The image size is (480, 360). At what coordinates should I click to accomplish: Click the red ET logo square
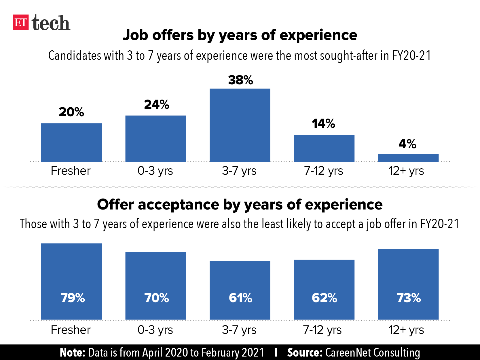21,22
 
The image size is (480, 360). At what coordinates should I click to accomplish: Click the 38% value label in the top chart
240,80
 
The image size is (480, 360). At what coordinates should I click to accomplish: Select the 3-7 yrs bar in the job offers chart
240,125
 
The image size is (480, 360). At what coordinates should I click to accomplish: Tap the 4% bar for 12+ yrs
408,158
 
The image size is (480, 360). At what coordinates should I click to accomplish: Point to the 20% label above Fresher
71,112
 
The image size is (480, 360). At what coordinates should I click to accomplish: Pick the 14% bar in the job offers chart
324,148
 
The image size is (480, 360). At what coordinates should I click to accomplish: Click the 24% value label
156,104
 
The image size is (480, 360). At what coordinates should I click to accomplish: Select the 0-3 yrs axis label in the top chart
155,171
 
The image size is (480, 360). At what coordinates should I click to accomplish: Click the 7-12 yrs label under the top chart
324,171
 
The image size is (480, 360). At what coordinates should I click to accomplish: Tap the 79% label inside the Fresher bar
73,298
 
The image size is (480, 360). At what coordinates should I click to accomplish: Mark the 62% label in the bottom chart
324,298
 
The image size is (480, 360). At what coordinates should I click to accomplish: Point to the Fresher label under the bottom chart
71,330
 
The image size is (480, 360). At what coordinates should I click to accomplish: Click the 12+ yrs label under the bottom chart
406,330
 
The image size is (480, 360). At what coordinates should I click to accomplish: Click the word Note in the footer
72,353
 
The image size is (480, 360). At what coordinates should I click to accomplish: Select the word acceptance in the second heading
179,205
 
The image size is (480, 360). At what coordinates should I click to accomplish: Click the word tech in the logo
51,23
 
